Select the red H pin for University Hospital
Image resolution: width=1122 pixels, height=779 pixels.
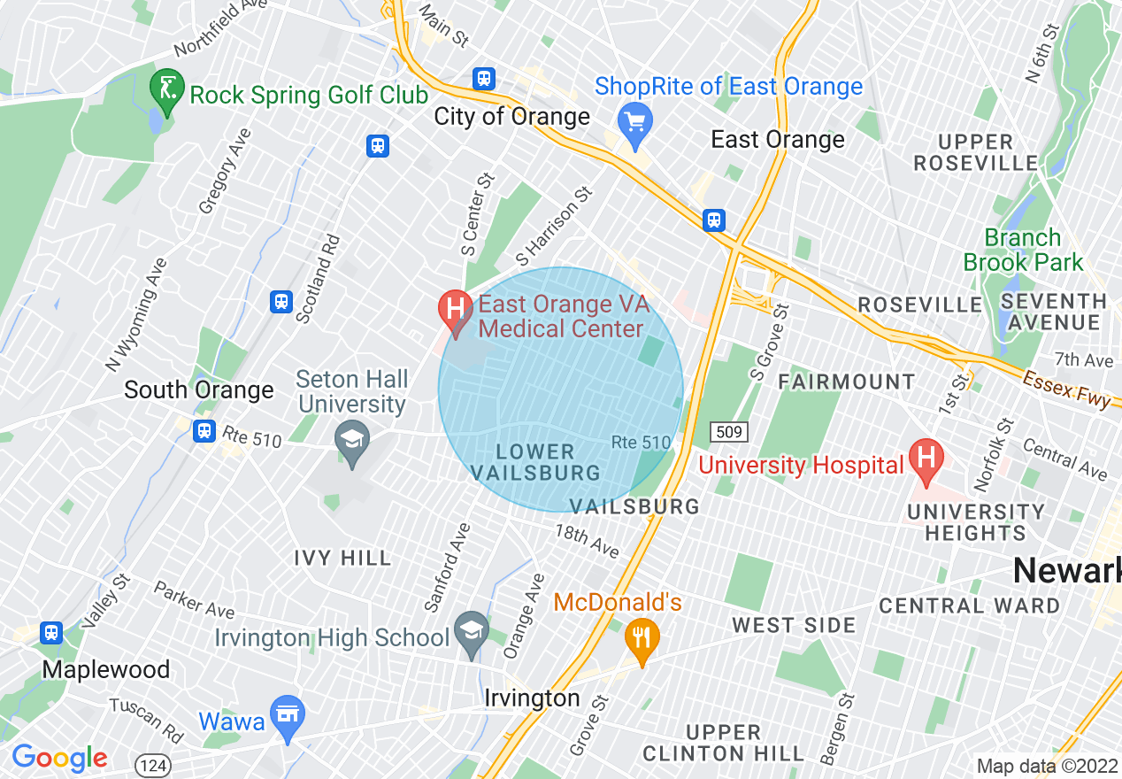926,460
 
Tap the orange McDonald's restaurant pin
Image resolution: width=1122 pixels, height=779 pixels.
642,638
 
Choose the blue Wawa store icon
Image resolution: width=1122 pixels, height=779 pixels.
288,715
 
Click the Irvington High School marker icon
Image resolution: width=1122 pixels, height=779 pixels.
470,632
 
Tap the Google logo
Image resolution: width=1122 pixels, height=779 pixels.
59,758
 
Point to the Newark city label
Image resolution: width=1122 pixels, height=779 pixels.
1066,571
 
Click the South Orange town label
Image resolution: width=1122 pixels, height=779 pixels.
198,389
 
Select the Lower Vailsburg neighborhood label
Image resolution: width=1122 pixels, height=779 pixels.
535,462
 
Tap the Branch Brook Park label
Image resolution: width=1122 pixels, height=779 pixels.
1023,250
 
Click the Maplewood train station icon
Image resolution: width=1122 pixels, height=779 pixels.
51,632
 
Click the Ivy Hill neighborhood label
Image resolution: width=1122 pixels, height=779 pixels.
342,558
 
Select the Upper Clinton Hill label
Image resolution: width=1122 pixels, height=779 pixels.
723,744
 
